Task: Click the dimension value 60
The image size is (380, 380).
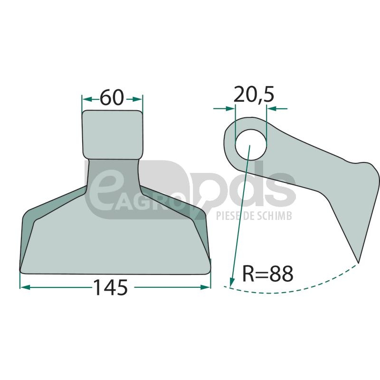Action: (x=112, y=97)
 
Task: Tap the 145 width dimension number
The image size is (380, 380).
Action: (x=110, y=287)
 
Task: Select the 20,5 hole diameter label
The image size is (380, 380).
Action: (x=254, y=95)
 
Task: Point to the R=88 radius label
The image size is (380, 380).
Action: (x=268, y=274)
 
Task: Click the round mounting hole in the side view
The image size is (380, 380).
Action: (x=251, y=145)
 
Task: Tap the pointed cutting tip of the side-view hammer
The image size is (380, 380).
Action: (x=358, y=262)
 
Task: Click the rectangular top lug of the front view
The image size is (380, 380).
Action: (x=113, y=135)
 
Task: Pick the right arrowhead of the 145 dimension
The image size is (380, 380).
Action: (x=205, y=287)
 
